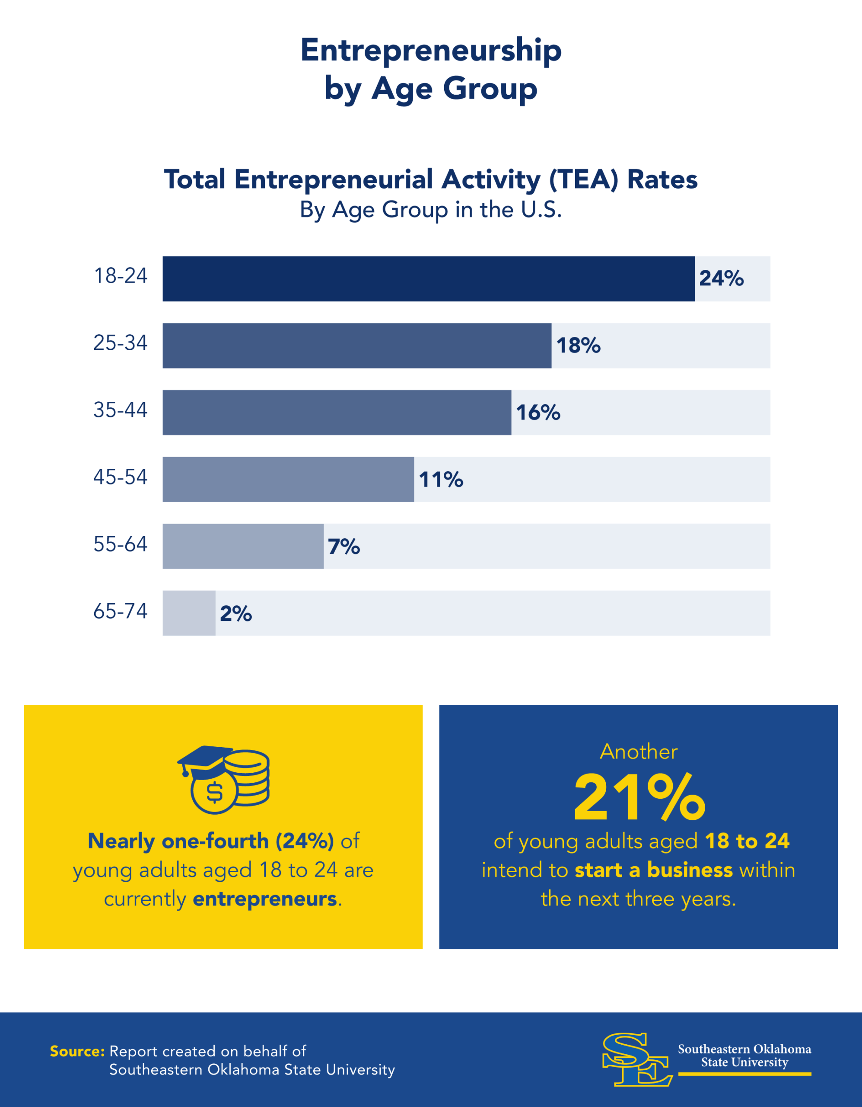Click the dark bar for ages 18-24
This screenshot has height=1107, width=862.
point(428,279)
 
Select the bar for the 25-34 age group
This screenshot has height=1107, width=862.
point(356,346)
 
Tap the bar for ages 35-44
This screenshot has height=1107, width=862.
point(337,413)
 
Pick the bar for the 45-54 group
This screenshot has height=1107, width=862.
point(288,480)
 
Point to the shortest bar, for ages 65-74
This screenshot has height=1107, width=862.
point(189,613)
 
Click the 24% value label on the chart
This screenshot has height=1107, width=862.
point(721,279)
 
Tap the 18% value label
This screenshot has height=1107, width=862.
point(579,346)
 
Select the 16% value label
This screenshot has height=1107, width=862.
point(538,413)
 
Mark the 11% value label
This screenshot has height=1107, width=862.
point(441,480)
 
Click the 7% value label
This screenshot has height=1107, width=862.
point(344,547)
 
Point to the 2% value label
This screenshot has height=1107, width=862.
point(235,613)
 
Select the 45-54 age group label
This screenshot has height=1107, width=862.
point(121,477)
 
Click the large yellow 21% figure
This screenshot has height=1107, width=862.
point(639,799)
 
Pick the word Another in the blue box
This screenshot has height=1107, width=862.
point(638,752)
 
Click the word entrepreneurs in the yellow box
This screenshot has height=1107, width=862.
point(265,899)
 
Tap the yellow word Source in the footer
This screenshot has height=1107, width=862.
point(77,1052)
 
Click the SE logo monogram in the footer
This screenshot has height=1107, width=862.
point(636,1059)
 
